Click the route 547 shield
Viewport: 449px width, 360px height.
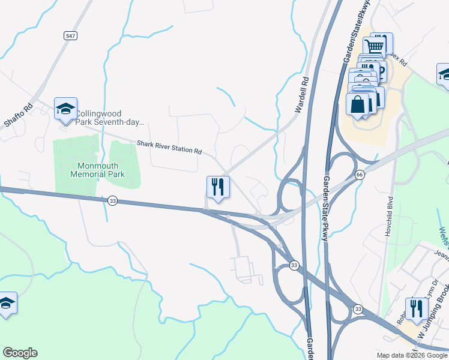point(71,36)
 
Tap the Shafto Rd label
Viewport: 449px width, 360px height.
point(18,116)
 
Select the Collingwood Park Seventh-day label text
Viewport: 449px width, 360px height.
point(110,117)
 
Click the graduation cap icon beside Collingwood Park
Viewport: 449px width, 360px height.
point(65,109)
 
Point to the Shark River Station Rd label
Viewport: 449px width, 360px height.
point(169,146)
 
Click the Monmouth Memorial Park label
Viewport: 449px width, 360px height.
point(101,170)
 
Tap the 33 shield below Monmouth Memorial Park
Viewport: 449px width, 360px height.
point(113,201)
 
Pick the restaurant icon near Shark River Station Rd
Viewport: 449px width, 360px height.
point(218,187)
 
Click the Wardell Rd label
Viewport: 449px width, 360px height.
point(301,95)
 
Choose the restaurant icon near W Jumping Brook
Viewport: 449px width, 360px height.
point(416,308)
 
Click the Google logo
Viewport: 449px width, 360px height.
point(20,353)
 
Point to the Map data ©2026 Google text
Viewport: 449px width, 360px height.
point(412,355)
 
